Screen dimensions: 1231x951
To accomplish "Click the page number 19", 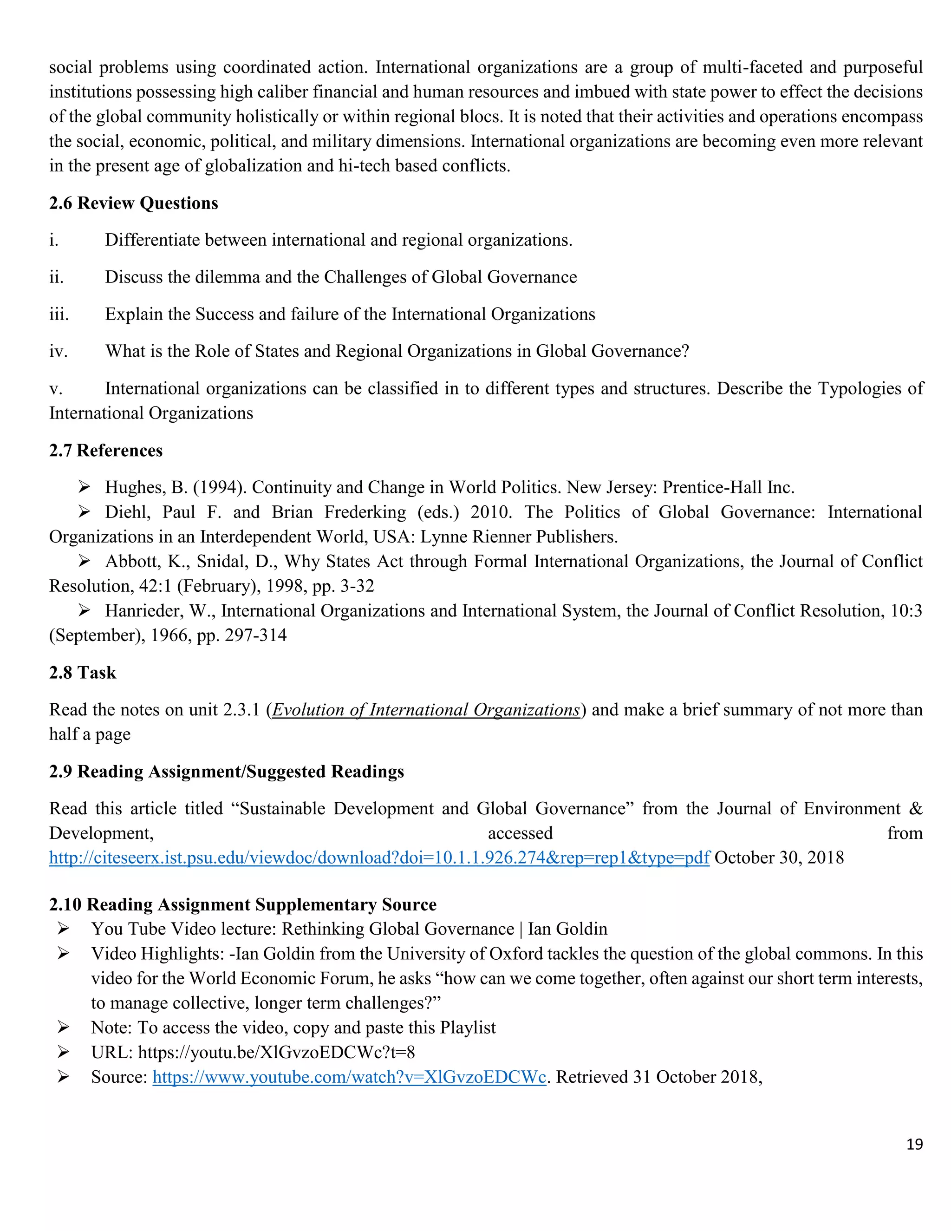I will [914, 1144].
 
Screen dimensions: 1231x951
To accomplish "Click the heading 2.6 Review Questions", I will [134, 203].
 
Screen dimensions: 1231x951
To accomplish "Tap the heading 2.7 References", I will [105, 450].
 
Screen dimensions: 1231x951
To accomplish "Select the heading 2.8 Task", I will [82, 673].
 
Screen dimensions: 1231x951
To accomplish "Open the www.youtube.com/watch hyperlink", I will [349, 1077].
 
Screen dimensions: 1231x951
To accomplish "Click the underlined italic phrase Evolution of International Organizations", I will [426, 710].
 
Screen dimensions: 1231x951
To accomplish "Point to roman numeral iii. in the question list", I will [59, 314].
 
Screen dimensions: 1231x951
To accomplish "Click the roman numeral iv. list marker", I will [58, 351].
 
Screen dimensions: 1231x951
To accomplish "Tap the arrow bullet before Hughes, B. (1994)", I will [85, 487].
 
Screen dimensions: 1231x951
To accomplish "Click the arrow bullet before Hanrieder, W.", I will [85, 610].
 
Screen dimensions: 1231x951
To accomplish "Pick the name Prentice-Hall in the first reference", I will [711, 487].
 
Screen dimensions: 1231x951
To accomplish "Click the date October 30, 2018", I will [779, 858].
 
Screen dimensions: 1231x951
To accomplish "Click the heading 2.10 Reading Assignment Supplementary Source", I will [242, 904].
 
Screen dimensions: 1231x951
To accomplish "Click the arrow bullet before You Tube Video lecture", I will [63, 929].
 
